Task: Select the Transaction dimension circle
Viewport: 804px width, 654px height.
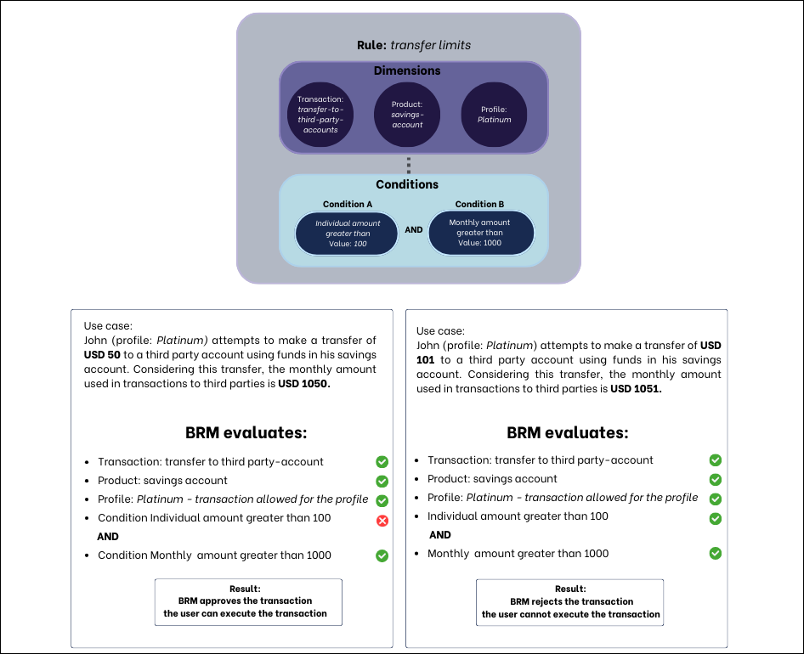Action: [x=319, y=115]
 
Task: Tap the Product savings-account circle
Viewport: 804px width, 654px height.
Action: [x=407, y=115]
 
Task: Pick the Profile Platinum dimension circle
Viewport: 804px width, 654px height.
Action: [x=494, y=115]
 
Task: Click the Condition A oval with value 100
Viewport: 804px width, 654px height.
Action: [x=348, y=233]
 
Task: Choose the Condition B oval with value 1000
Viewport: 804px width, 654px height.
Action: [x=480, y=233]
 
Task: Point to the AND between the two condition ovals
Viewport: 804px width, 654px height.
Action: [x=413, y=230]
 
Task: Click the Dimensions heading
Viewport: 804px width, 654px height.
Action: [x=407, y=70]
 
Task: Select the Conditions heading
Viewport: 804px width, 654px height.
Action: [x=407, y=184]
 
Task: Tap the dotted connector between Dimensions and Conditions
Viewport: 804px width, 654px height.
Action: [x=409, y=164]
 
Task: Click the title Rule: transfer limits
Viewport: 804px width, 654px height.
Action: [x=413, y=45]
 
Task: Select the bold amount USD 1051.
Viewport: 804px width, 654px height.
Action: [x=636, y=389]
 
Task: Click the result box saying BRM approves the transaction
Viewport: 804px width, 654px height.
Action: [x=248, y=601]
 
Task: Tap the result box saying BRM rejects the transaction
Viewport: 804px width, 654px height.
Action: [x=569, y=602]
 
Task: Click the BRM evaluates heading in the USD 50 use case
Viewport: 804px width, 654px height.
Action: [x=246, y=433]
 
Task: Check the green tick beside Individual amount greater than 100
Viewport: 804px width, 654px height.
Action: [x=716, y=518]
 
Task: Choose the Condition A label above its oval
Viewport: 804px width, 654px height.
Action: [x=348, y=205]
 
